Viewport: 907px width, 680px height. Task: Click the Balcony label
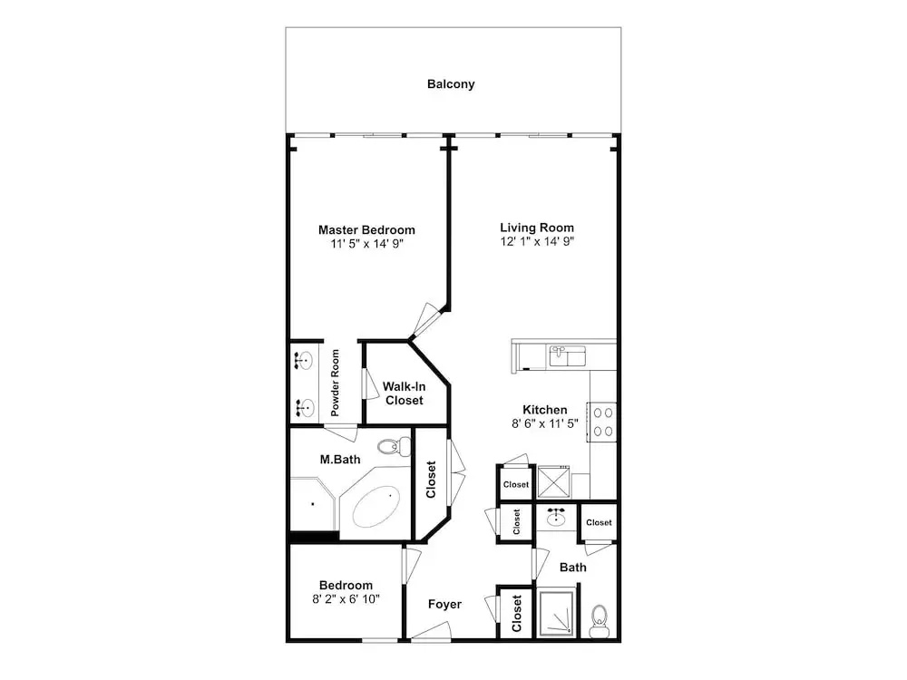[x=451, y=83]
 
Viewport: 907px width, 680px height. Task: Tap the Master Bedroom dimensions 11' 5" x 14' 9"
[x=366, y=243]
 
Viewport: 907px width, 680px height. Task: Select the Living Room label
[x=537, y=228]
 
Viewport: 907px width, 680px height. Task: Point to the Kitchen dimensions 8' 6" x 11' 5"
[x=545, y=423]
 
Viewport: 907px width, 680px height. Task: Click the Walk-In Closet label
[x=405, y=393]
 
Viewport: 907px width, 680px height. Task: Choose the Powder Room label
[x=335, y=383]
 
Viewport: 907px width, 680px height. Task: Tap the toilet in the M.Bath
[x=395, y=446]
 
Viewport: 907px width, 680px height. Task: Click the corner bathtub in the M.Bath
[x=374, y=503]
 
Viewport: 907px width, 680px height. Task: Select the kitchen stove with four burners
[x=602, y=423]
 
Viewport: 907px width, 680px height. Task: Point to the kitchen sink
[x=567, y=356]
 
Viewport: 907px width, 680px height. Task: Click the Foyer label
[x=444, y=604]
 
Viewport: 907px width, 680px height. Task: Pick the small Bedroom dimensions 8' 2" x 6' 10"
[x=346, y=599]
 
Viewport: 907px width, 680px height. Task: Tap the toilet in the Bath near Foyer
[x=600, y=621]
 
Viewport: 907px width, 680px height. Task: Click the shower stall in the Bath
[x=556, y=612]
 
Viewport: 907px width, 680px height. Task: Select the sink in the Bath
[x=557, y=517]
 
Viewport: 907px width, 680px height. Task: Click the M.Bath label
[x=340, y=460]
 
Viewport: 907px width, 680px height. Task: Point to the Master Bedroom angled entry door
[x=424, y=320]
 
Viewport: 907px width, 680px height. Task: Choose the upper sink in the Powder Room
[x=303, y=361]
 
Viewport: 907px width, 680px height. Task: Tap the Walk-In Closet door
[x=366, y=383]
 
